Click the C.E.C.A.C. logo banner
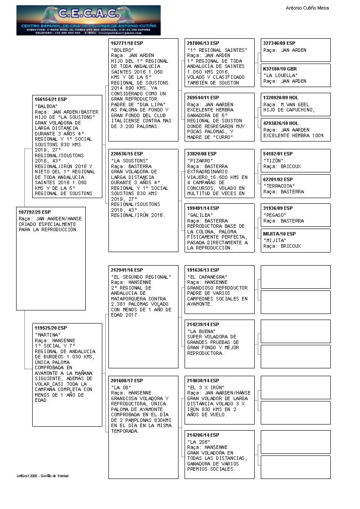click(88, 20)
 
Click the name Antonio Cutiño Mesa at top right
click(307, 8)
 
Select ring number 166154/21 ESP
click(50, 99)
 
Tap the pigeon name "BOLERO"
click(122, 50)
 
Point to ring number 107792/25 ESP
click(34, 212)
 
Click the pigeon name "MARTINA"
click(47, 335)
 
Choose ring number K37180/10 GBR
click(280, 69)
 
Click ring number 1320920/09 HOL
click(281, 98)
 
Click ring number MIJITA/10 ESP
click(279, 234)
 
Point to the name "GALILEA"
click(200, 215)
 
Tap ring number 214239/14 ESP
click(203, 324)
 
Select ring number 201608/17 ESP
click(127, 381)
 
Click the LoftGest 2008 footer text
click(43, 475)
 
